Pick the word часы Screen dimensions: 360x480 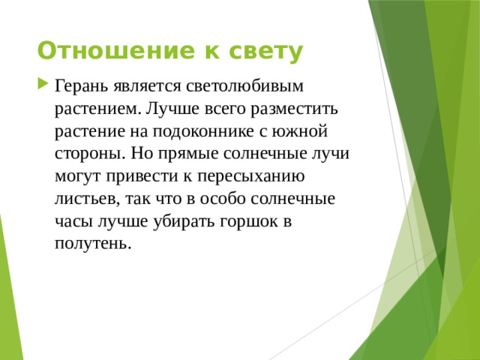click(x=73, y=223)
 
